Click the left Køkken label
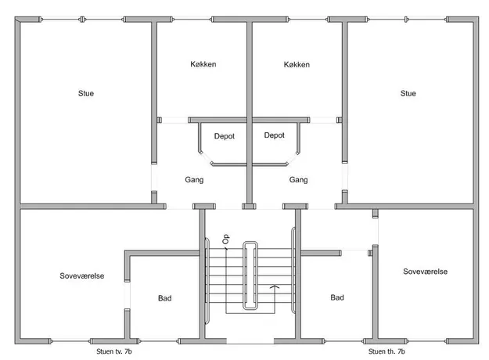point(203,64)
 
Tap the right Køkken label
point(297,65)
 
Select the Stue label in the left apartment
point(86,93)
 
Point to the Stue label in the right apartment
point(408,93)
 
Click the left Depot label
point(225,136)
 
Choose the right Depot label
point(274,135)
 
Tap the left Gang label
point(194,180)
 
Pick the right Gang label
point(298,180)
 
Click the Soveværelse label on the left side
point(81,275)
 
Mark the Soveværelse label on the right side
point(425,272)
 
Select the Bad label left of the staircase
point(164,298)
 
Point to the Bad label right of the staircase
point(337,297)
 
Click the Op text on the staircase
point(226,239)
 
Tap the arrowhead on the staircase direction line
point(275,286)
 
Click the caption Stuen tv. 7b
point(113,351)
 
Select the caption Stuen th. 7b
point(387,351)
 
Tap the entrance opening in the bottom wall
point(250,341)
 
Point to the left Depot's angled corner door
point(206,158)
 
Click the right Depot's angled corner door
point(293,158)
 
